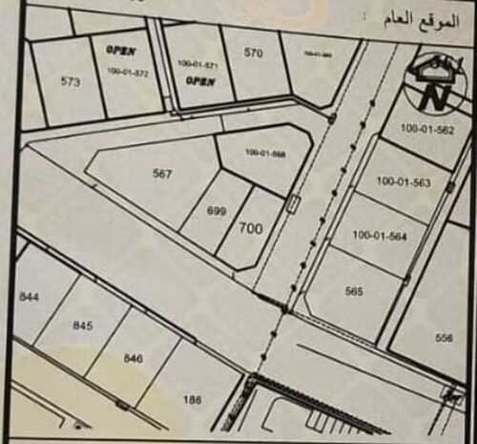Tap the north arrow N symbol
(436, 95)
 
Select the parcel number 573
(70, 82)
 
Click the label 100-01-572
(129, 72)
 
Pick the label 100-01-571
(197, 64)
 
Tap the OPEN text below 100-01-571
(200, 82)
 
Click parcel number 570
(253, 53)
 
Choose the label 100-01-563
(404, 180)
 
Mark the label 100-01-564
(380, 235)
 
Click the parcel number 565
(355, 292)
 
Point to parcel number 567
(162, 174)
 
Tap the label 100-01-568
(265, 153)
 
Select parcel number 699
(217, 211)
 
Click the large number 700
(251, 228)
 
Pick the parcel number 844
(29, 298)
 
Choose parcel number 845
(83, 326)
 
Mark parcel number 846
(134, 357)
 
